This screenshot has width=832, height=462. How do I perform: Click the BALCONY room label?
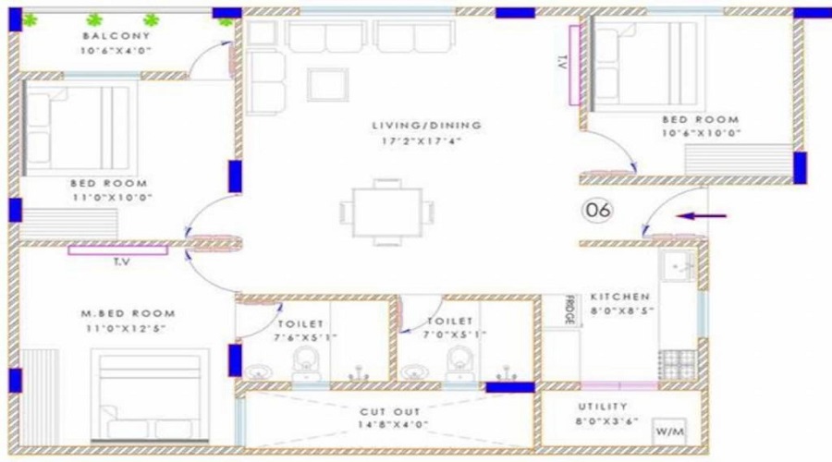(x=116, y=36)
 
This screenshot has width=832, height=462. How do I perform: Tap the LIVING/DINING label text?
(x=426, y=126)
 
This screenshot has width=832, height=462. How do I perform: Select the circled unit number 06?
(x=598, y=210)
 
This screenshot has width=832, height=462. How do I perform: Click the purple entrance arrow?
(x=701, y=216)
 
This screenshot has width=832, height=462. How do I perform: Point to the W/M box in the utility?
(x=669, y=432)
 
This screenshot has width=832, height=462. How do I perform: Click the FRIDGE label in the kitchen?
(x=569, y=310)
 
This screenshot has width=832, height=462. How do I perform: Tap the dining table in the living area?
(x=387, y=213)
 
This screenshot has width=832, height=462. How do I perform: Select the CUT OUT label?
(x=389, y=411)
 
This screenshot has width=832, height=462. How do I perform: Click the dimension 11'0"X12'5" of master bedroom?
(x=126, y=329)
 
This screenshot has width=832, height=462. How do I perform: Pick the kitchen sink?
(x=678, y=266)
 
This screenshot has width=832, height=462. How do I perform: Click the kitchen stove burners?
(x=677, y=364)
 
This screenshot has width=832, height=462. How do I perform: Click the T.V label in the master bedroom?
(x=122, y=261)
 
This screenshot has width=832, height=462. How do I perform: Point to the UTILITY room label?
(x=603, y=407)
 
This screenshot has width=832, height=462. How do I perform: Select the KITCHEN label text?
(x=619, y=297)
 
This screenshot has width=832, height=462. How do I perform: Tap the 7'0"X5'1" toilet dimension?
(x=455, y=334)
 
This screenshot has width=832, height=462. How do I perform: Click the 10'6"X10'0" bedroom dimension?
(x=701, y=133)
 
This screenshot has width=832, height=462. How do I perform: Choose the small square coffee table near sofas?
(x=328, y=84)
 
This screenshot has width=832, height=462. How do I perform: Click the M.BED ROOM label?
(x=128, y=313)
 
